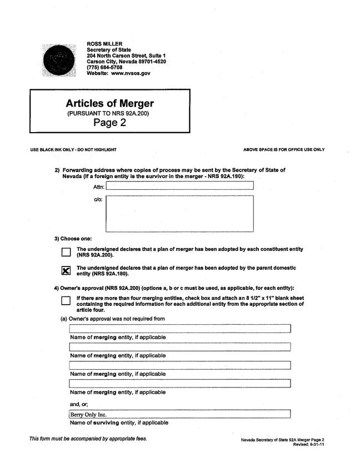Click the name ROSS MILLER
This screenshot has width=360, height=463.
pos(104,44)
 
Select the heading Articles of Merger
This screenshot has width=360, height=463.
pos(109,104)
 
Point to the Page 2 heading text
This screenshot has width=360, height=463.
pos(109,123)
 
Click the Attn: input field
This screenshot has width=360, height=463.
pos(179,186)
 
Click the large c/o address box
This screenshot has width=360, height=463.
pos(179,213)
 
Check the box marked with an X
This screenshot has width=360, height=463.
pos(66,270)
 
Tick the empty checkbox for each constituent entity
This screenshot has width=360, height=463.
pos(66,252)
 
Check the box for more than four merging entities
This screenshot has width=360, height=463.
pos(66,300)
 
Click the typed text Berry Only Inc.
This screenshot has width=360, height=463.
pos(88,414)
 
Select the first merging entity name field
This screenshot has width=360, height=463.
pos(179,329)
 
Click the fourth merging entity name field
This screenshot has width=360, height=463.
pos(179,384)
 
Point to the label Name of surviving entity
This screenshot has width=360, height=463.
pos(118,423)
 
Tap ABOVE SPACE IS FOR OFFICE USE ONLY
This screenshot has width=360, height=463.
pos(284,150)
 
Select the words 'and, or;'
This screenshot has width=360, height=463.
pos(79,404)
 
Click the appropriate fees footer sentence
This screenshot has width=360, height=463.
pos(88,439)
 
